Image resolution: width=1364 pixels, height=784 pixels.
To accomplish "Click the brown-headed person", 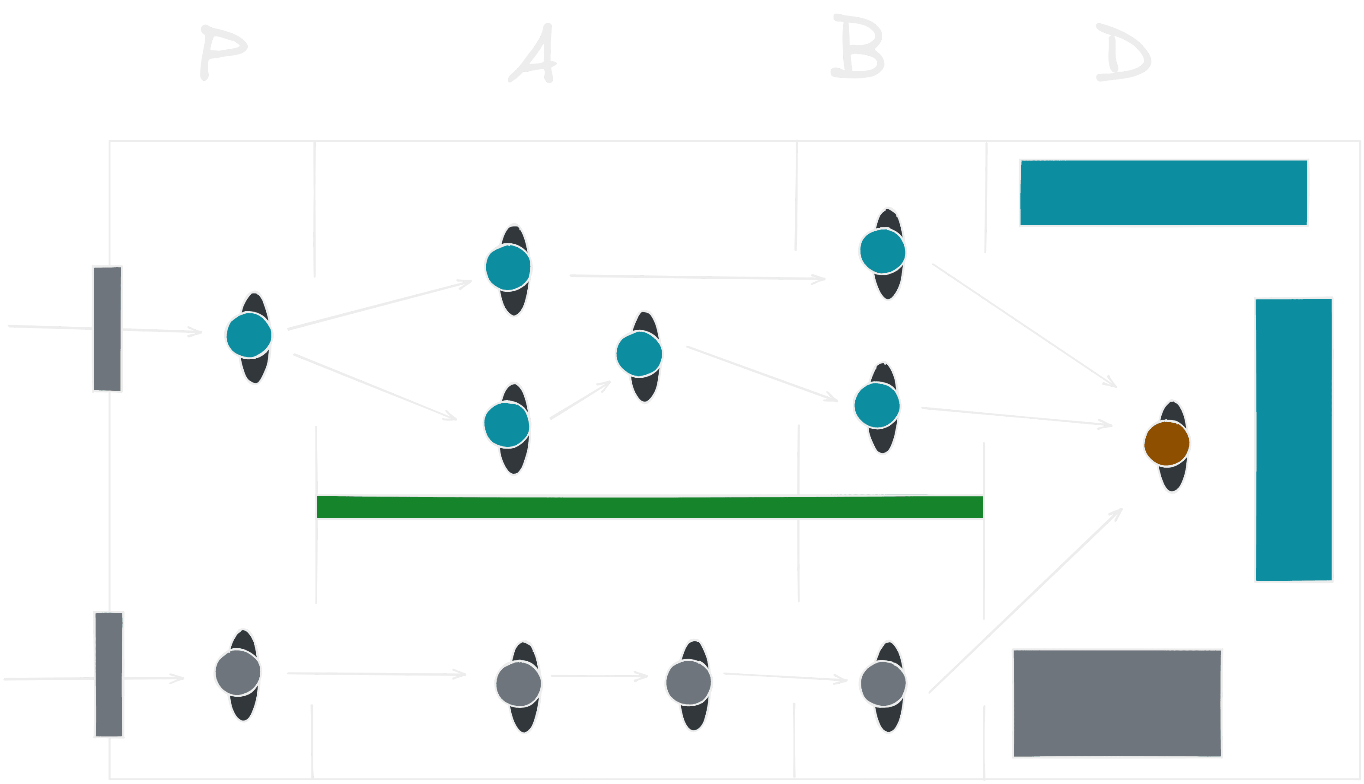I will [1167, 444].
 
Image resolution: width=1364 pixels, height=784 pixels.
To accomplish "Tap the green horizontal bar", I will [649, 507].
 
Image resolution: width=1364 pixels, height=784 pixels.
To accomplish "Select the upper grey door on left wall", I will [107, 328].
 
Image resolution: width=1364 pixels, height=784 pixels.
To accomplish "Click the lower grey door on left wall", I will [109, 674].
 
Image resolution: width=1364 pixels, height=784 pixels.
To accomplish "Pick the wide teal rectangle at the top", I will [1164, 193].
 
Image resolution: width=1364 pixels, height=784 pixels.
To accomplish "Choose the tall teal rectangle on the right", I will [1294, 440].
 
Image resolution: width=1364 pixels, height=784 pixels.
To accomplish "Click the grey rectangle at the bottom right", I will [1118, 703].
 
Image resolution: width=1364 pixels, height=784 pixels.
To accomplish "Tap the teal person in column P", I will [249, 335].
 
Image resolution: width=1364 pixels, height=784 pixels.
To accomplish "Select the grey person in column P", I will [238, 673].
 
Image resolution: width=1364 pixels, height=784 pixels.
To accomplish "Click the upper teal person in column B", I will [882, 252].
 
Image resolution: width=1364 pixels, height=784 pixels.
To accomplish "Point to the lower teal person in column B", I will [877, 405].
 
